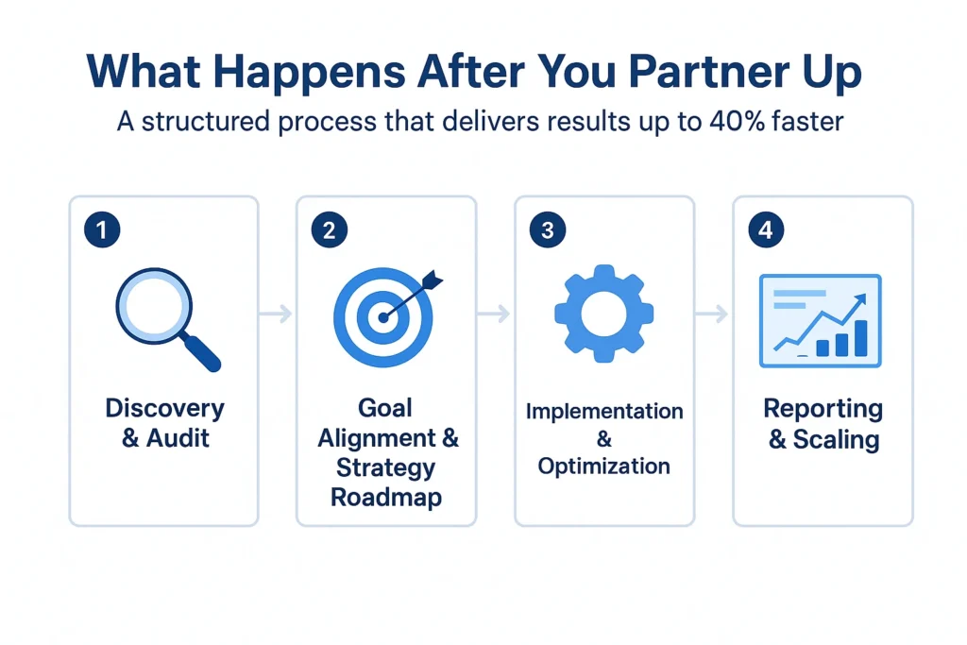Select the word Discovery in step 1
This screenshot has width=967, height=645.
coord(164,409)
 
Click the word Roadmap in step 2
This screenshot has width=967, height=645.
coord(386,498)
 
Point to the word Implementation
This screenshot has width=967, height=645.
coord(604,412)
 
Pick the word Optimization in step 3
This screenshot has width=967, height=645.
coord(604,467)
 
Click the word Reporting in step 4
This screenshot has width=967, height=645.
coord(823,409)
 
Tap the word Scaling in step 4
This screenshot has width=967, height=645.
coord(835,439)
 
